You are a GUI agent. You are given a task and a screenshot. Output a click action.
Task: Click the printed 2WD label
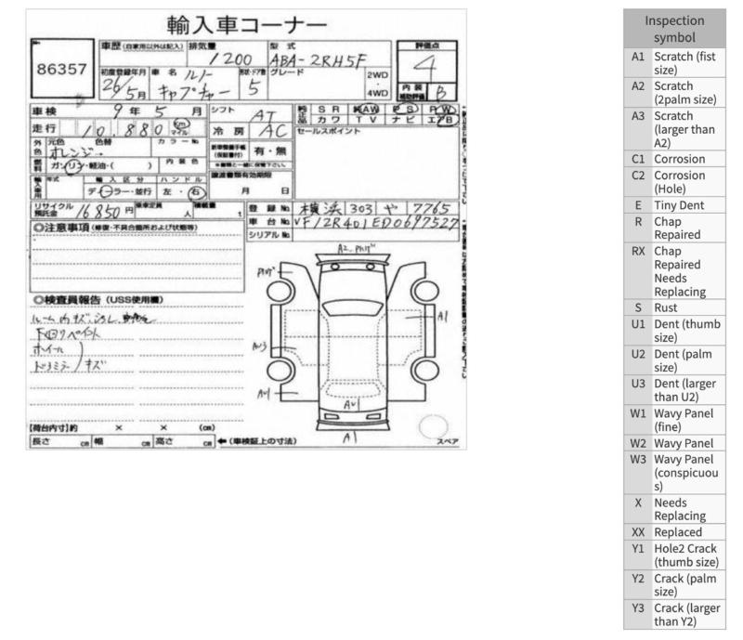pyautogui.click(x=377, y=74)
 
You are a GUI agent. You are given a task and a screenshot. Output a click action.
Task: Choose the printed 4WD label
pyautogui.click(x=377, y=93)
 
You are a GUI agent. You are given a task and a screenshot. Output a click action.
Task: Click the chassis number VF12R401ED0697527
pyautogui.click(x=375, y=224)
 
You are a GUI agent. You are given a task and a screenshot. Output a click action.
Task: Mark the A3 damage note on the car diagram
pyautogui.click(x=260, y=346)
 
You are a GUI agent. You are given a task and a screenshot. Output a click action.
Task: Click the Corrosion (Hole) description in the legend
pyautogui.click(x=679, y=181)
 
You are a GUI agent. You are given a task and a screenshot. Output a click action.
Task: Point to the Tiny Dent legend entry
pyautogui.click(x=678, y=204)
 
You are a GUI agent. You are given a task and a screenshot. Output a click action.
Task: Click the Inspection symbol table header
pyautogui.click(x=674, y=29)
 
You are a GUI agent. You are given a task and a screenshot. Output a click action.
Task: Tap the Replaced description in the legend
pyautogui.click(x=679, y=532)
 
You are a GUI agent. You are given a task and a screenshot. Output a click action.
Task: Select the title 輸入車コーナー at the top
pyautogui.click(x=247, y=24)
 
